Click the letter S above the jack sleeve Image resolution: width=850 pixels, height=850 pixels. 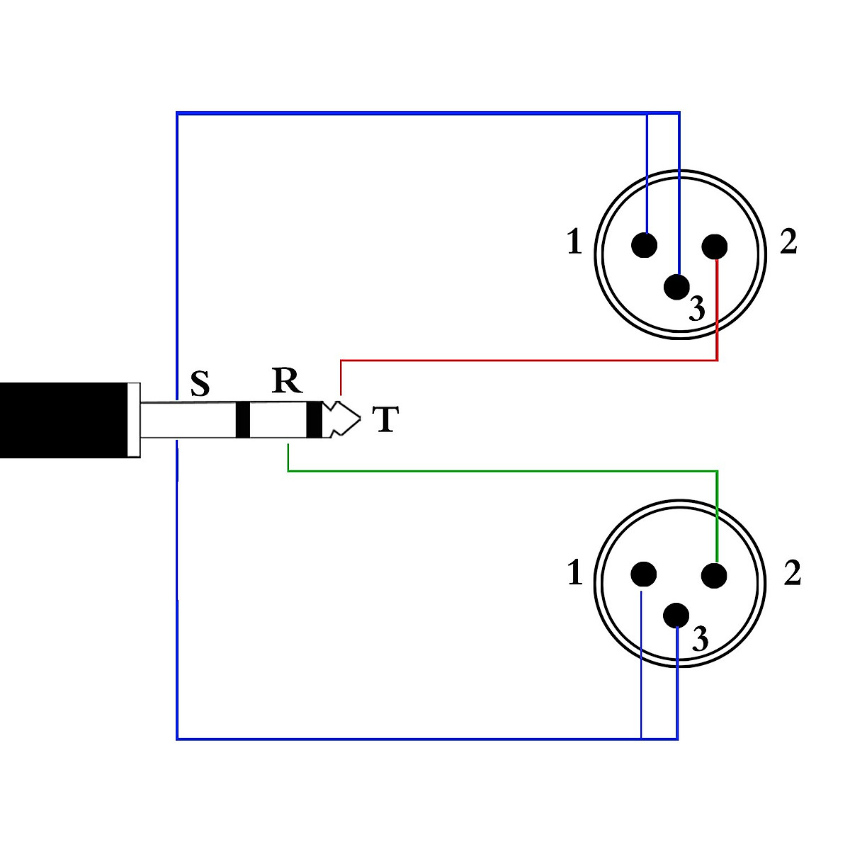coord(200,384)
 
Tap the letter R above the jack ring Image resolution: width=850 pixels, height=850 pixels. coord(287,381)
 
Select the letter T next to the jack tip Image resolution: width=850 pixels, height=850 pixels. coord(385,419)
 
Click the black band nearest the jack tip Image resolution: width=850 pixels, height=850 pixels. coord(314,419)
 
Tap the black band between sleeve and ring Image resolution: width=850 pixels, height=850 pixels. coord(243,419)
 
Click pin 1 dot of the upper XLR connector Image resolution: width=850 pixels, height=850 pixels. coord(644,245)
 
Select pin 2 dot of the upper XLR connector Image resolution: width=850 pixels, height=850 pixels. coord(715,246)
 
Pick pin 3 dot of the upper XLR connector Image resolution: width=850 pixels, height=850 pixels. coord(676,286)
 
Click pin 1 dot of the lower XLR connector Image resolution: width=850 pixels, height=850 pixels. coord(644,574)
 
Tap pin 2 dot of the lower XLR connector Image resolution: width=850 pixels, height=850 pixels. coord(715,575)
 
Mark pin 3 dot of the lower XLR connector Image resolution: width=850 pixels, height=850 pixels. coord(676,615)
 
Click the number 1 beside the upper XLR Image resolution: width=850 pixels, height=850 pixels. coord(574,243)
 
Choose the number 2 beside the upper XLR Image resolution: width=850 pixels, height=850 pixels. coord(788,242)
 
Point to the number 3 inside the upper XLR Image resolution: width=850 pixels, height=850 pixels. coord(697,309)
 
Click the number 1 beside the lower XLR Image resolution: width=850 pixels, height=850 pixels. coord(575,573)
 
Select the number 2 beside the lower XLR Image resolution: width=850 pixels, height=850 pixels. coord(793,573)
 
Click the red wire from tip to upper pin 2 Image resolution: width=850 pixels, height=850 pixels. coord(531,361)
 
